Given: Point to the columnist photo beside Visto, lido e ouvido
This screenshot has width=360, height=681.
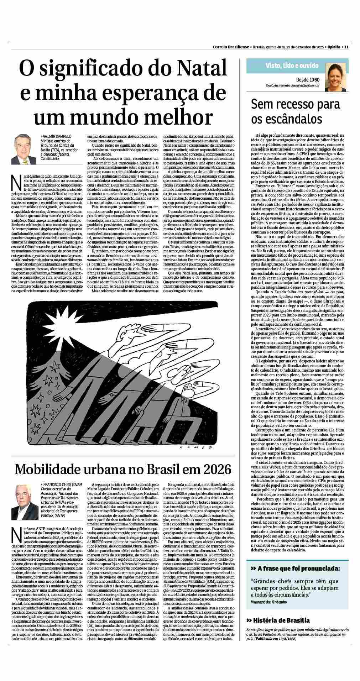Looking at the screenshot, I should [x=335, y=75].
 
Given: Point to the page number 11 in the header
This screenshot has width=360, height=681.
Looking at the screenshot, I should [x=346, y=47].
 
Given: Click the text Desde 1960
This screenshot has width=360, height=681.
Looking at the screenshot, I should [x=308, y=80].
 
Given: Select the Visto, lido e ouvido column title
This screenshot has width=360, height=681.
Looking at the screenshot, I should [x=292, y=66].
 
